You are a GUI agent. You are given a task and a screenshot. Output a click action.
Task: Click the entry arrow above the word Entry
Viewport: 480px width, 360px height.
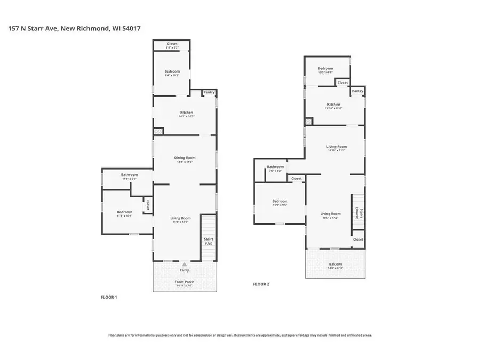185,264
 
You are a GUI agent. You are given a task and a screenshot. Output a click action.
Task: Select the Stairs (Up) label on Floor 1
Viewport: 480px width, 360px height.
208,241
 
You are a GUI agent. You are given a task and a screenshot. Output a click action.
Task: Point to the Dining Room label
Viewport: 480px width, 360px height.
185,158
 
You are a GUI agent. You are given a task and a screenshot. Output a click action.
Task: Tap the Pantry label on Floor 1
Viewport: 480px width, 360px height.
209,93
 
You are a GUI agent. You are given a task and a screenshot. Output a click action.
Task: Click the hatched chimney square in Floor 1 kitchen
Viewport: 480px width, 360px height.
158,130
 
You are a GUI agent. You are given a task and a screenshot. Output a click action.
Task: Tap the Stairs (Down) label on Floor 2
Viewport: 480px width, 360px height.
360,213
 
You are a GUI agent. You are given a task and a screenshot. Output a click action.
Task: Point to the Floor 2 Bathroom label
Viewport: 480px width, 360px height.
275,167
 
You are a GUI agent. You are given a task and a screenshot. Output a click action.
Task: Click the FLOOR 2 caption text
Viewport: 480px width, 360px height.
261,284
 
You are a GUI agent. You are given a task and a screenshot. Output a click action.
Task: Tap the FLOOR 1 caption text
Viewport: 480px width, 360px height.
109,297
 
